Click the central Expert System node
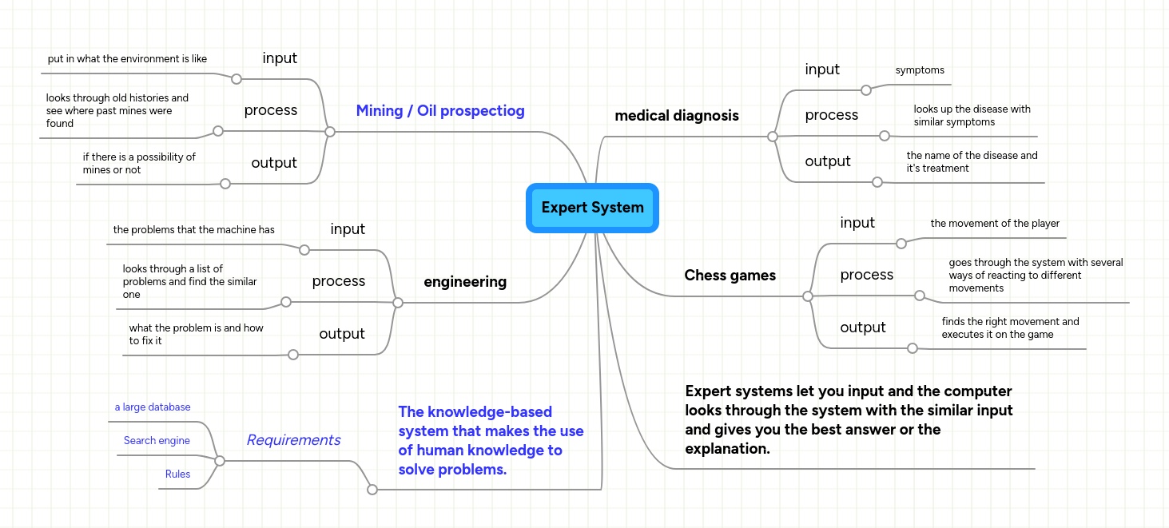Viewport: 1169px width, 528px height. click(x=592, y=208)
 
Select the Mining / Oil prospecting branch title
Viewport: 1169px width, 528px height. click(x=440, y=111)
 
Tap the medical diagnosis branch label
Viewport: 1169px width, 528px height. click(x=676, y=116)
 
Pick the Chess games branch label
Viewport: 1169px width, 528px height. click(x=730, y=276)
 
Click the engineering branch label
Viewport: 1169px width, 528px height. click(x=465, y=282)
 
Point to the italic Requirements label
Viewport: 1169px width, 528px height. click(x=293, y=440)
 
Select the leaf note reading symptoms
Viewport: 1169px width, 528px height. click(x=920, y=70)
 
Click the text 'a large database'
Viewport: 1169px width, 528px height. click(x=153, y=407)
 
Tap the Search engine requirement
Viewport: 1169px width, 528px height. click(x=157, y=441)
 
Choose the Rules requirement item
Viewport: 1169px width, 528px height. click(x=177, y=474)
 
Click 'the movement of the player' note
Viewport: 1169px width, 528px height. click(x=995, y=224)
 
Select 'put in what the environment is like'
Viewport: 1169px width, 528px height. click(x=127, y=59)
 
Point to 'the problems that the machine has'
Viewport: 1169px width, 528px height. click(x=193, y=230)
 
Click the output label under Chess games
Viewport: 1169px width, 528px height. click(x=862, y=328)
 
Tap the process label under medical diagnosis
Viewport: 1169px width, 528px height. click(x=831, y=115)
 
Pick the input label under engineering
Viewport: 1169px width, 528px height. click(x=348, y=229)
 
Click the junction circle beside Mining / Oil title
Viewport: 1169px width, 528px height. click(x=329, y=132)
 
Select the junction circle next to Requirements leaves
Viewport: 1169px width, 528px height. click(x=220, y=461)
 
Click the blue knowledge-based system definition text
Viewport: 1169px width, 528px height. click(x=491, y=441)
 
